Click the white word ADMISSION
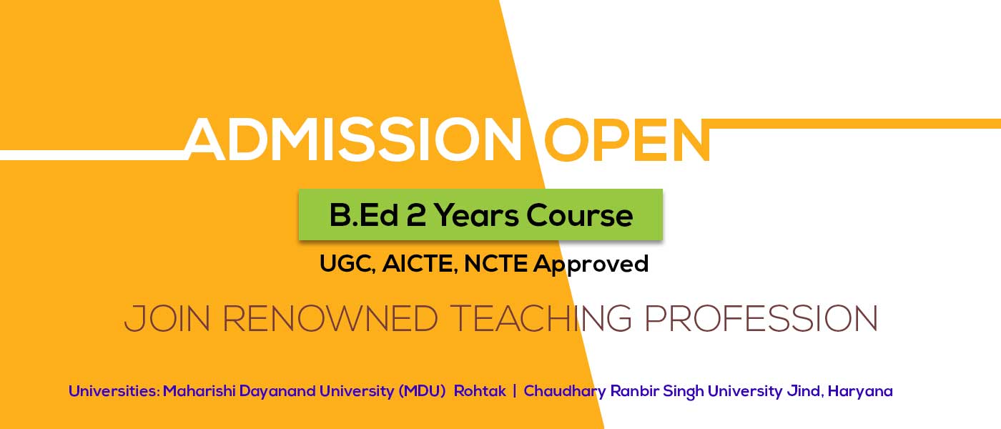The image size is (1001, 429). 353,139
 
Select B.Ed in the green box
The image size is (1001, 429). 364,215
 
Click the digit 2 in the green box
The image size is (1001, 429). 416,215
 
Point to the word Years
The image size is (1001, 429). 476,215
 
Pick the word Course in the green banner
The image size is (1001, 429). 580,215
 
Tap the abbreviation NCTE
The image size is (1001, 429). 495,263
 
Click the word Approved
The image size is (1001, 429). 591,264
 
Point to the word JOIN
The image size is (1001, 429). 167,319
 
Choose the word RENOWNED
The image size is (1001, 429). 330,319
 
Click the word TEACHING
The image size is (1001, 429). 541,319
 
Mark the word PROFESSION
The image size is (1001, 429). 761,319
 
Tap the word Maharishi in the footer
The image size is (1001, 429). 199,391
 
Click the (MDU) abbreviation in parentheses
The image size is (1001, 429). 422,392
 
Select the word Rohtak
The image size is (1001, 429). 480,391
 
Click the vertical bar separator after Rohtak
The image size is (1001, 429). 515,391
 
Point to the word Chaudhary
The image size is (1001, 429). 565,392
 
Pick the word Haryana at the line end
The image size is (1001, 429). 860,392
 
